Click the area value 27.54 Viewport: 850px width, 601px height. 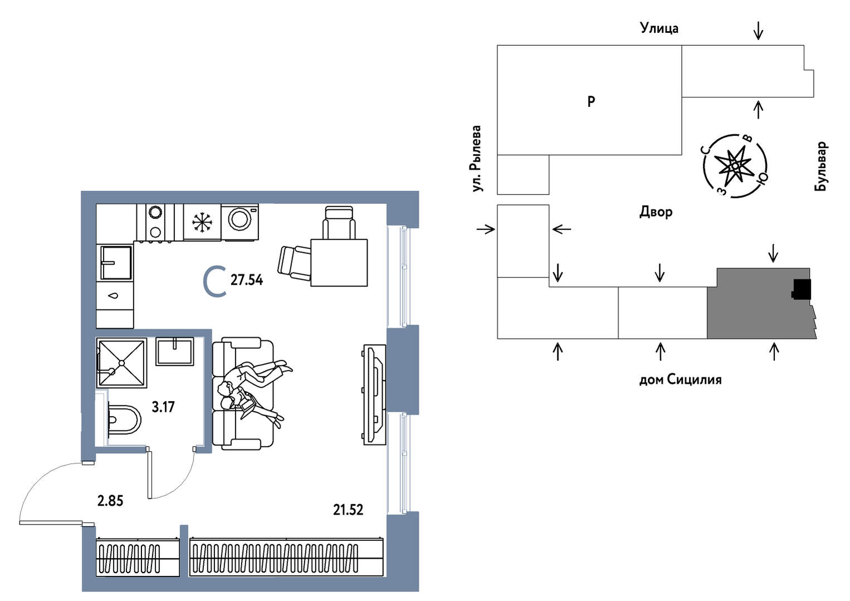(x=247, y=280)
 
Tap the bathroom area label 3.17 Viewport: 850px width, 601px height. (x=163, y=407)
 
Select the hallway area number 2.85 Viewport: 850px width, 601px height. (x=110, y=501)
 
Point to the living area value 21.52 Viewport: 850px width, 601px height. (x=348, y=509)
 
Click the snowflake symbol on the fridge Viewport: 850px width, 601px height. (x=202, y=222)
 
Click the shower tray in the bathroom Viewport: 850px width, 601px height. (x=122, y=363)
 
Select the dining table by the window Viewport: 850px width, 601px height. (x=339, y=262)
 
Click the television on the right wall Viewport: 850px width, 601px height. (x=374, y=394)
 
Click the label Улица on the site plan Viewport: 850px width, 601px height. (x=659, y=28)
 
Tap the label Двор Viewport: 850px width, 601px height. (x=656, y=212)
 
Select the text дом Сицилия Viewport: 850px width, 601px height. (x=680, y=380)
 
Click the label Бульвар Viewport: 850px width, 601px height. (x=821, y=167)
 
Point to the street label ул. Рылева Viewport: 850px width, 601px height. (x=476, y=159)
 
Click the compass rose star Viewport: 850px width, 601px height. (x=735, y=166)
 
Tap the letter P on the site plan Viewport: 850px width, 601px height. (x=592, y=101)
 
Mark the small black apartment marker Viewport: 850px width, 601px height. (x=802, y=289)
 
